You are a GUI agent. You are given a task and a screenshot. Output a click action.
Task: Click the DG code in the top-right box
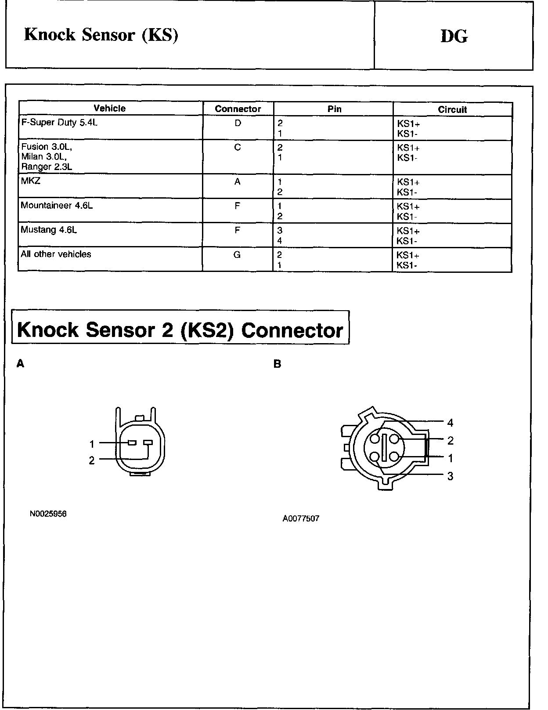click(454, 36)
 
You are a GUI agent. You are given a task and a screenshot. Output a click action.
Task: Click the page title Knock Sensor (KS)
click(101, 35)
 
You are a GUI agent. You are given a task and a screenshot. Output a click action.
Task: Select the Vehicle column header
click(110, 108)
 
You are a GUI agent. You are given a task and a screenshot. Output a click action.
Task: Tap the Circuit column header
click(452, 109)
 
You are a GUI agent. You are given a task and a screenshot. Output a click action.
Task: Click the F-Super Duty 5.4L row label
click(59, 123)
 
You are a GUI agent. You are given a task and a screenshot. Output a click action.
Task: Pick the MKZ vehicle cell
click(31, 181)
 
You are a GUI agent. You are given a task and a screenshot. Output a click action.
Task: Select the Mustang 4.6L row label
click(49, 229)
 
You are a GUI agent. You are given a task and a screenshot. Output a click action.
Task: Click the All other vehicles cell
click(56, 254)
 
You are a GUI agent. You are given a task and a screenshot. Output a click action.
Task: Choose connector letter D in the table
click(238, 123)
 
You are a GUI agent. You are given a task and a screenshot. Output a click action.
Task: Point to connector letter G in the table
click(237, 254)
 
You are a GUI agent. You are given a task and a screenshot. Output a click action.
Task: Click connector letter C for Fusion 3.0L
click(238, 147)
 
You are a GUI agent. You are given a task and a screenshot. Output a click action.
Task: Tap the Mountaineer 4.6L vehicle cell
click(57, 205)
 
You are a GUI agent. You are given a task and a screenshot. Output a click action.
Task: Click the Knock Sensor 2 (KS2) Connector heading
click(180, 330)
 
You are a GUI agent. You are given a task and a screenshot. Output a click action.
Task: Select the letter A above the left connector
click(20, 363)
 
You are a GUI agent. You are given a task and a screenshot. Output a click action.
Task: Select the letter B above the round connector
click(277, 364)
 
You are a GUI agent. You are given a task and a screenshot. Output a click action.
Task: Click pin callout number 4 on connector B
click(450, 423)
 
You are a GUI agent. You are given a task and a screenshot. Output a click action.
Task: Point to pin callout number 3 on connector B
click(450, 476)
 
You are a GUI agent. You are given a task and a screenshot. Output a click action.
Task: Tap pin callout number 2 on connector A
click(92, 460)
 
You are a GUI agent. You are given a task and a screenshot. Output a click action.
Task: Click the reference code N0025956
click(48, 514)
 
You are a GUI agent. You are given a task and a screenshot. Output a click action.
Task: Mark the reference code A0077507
click(301, 518)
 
